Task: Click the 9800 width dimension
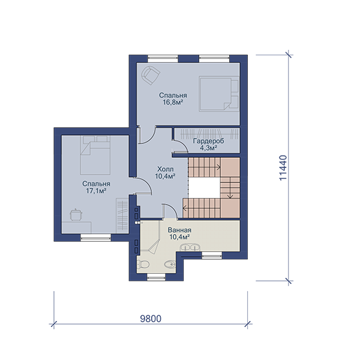[x=151, y=319]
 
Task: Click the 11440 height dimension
[x=283, y=168]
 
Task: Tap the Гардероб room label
[x=208, y=141]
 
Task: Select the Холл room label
[x=166, y=169]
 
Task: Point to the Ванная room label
[x=179, y=230]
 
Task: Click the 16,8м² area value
[x=173, y=102]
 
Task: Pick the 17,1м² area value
[x=96, y=191]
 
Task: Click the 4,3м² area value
[x=208, y=148]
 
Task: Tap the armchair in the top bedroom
[x=151, y=75]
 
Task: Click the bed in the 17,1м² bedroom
[x=95, y=155]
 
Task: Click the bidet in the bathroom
[x=170, y=264]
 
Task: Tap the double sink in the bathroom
[x=190, y=247]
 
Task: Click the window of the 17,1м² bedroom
[x=95, y=238]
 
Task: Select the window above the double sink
[x=212, y=255]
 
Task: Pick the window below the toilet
[x=156, y=277]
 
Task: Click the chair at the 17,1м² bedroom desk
[x=76, y=215]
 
